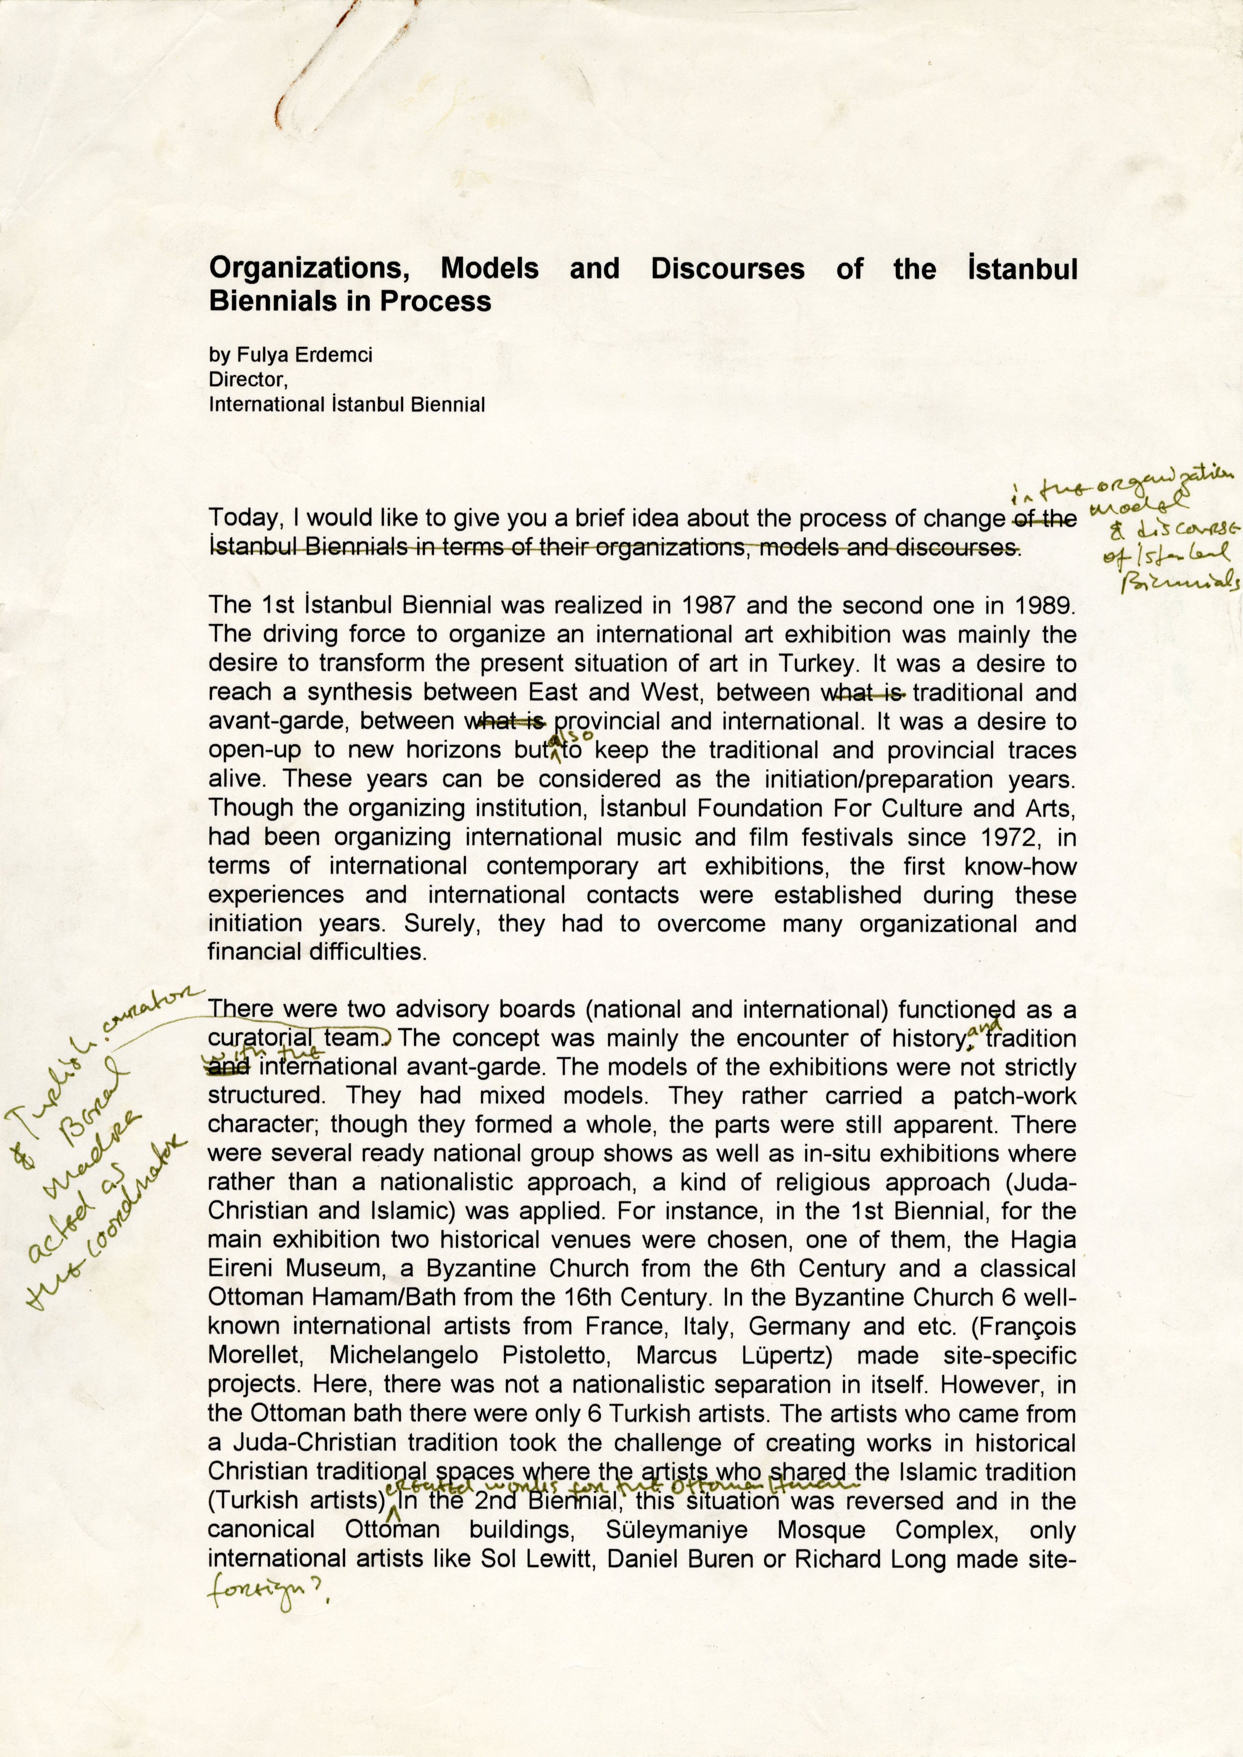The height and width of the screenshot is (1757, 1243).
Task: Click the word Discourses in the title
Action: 727,269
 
